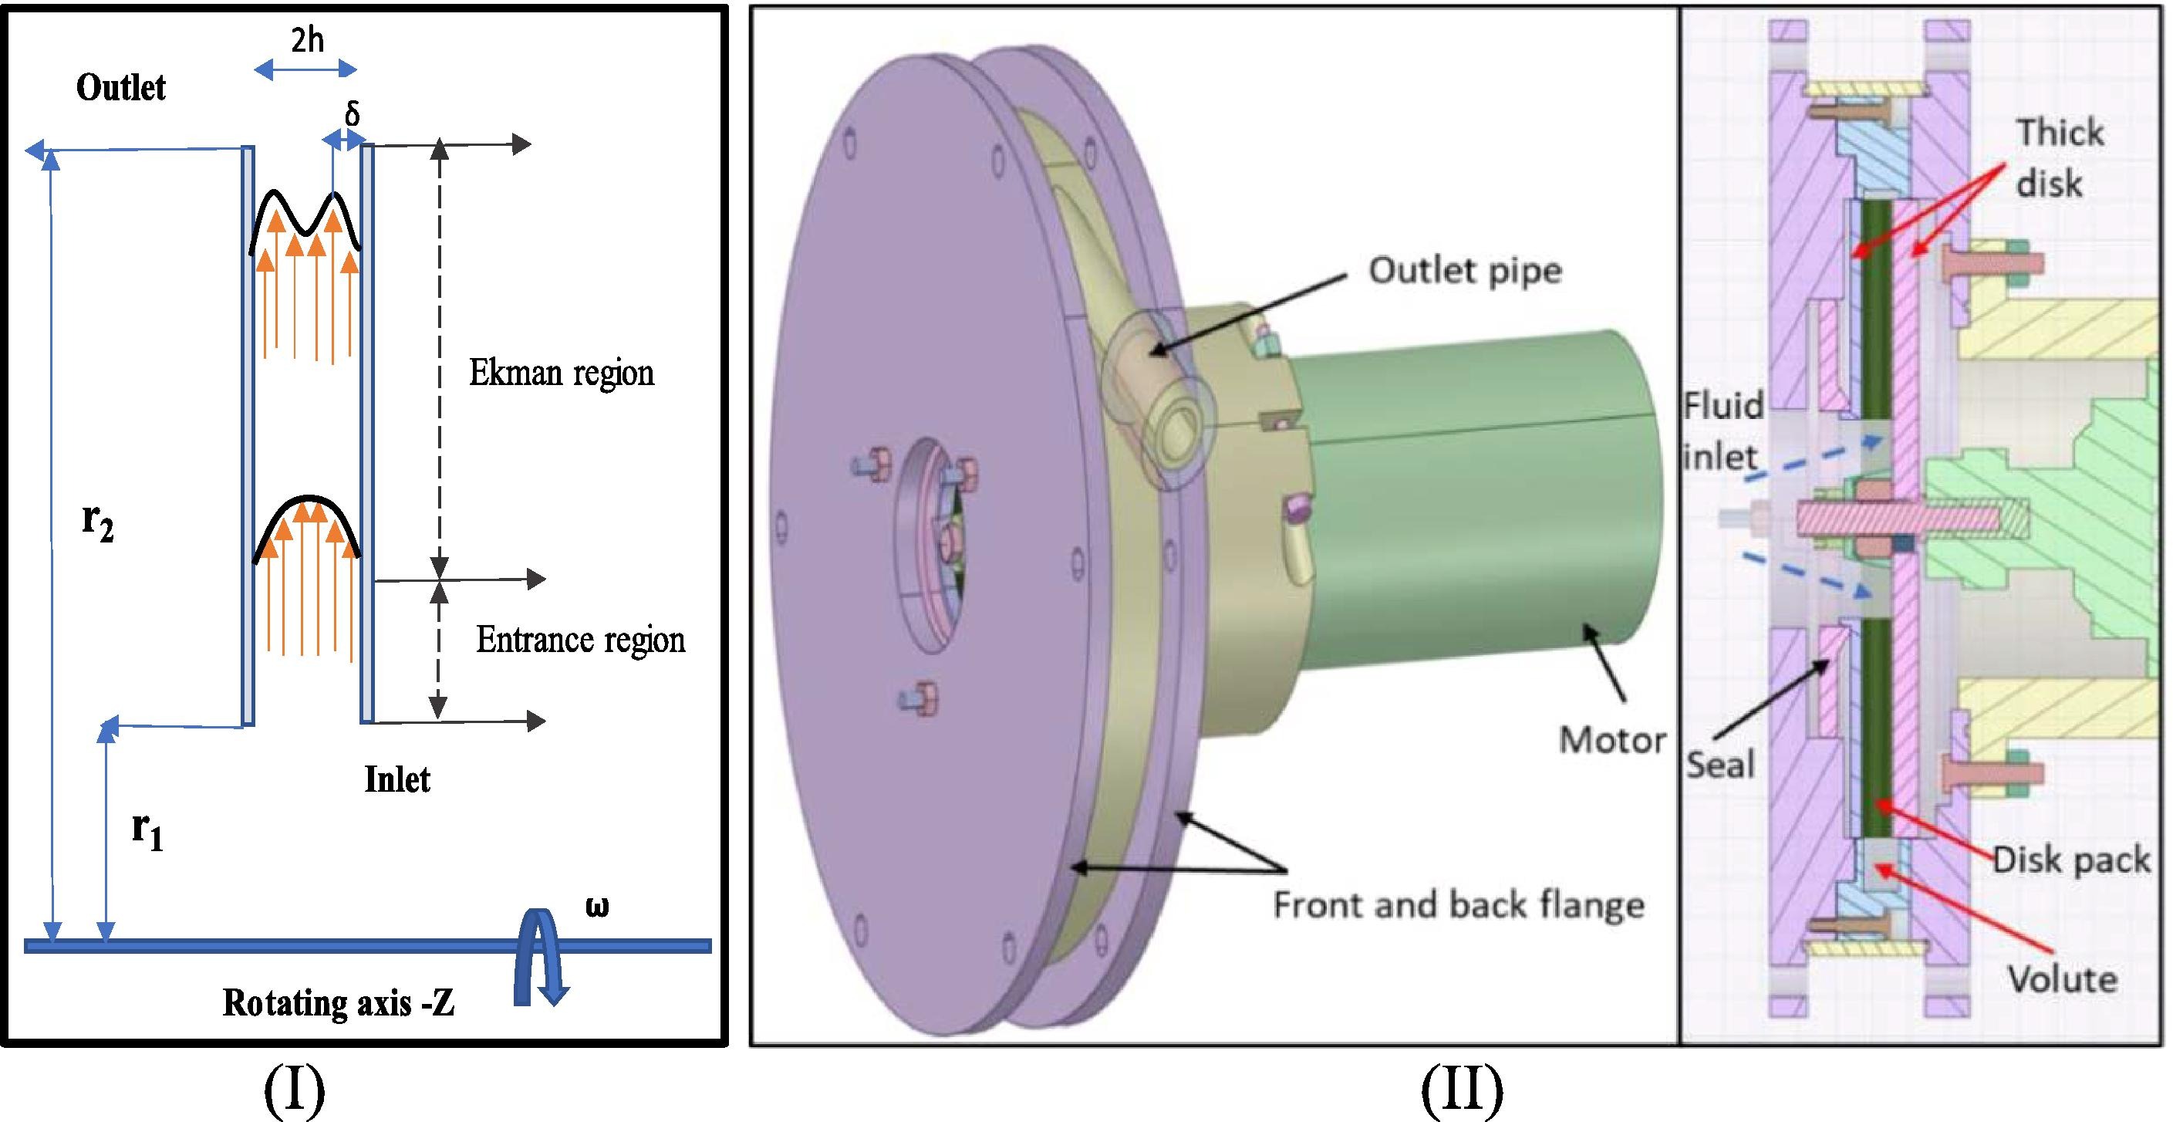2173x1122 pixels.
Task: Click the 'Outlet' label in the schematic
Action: pyautogui.click(x=120, y=88)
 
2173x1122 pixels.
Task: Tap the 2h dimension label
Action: pyautogui.click(x=307, y=39)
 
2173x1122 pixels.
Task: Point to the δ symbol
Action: pyautogui.click(x=352, y=113)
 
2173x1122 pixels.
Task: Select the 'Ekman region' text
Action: pyautogui.click(x=561, y=373)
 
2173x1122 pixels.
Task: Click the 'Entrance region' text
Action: pyautogui.click(x=580, y=640)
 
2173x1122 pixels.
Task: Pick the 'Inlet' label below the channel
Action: pyautogui.click(x=396, y=779)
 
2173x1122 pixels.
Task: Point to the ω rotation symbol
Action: pyautogui.click(x=596, y=907)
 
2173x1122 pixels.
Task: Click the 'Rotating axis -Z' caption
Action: pyautogui.click(x=339, y=1003)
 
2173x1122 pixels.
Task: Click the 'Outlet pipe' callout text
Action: pyautogui.click(x=1464, y=271)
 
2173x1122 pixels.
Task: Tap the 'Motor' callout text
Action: pyautogui.click(x=1612, y=741)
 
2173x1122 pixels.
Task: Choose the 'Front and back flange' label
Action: pyautogui.click(x=1459, y=905)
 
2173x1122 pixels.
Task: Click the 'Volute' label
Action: pyautogui.click(x=2063, y=979)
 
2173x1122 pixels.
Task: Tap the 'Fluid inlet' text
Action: pyautogui.click(x=1723, y=431)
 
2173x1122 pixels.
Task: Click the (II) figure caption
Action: pyautogui.click(x=1462, y=1090)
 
